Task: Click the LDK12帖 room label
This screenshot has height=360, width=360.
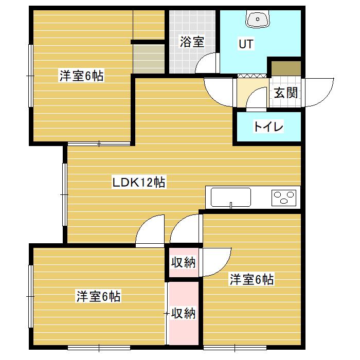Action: pyautogui.click(x=138, y=183)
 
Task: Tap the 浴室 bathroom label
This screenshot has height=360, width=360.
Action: pyautogui.click(x=192, y=42)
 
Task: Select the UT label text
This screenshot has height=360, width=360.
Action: pyautogui.click(x=246, y=44)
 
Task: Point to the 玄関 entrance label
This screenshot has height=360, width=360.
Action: pyautogui.click(x=286, y=93)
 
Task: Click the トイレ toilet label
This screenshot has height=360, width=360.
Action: pyautogui.click(x=268, y=127)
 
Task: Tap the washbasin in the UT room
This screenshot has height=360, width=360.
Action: pyautogui.click(x=257, y=20)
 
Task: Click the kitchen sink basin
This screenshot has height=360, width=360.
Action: pyautogui.click(x=231, y=197)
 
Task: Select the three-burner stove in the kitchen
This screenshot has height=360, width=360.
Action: pyautogui.click(x=284, y=197)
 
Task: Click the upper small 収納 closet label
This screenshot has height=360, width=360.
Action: pyautogui.click(x=183, y=262)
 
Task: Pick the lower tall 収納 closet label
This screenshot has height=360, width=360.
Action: pyautogui.click(x=183, y=313)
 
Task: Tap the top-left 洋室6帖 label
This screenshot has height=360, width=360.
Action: pyautogui.click(x=82, y=76)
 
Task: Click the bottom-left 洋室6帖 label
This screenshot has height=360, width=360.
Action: pyautogui.click(x=99, y=296)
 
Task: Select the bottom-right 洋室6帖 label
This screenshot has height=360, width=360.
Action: pyautogui.click(x=252, y=279)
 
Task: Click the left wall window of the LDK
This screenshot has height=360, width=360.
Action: pyautogui.click(x=65, y=195)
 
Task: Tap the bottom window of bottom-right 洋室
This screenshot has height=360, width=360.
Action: pyautogui.click(x=235, y=348)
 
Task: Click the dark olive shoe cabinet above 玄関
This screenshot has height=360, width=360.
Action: pyautogui.click(x=286, y=68)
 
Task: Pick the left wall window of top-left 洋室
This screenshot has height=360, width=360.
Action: pyautogui.click(x=30, y=76)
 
